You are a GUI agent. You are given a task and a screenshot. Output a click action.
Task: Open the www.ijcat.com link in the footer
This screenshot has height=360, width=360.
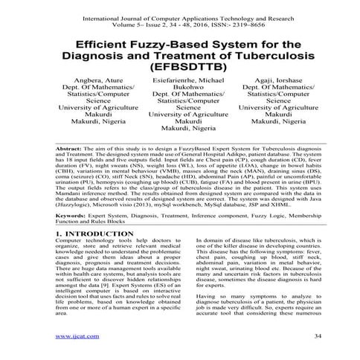pos(72,337)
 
